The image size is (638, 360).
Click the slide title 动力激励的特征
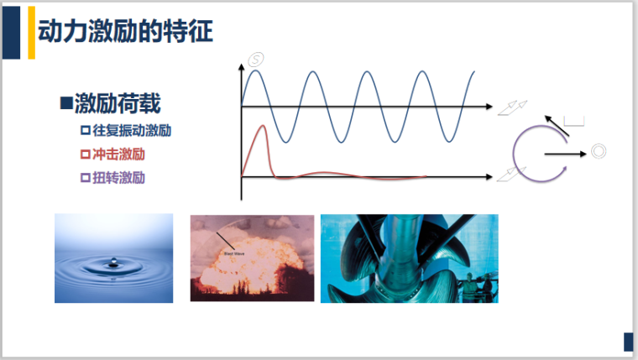tap(125, 33)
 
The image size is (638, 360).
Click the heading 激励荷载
tap(117, 104)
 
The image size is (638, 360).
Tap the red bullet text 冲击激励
tap(119, 154)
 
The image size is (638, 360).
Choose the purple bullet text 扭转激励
tap(119, 178)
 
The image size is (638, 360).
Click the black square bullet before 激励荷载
tap(65, 104)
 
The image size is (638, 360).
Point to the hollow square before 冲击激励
tap(84, 154)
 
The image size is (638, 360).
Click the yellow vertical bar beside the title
tap(32, 33)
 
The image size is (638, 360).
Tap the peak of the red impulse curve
tap(264, 128)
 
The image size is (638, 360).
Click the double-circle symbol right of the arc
tap(599, 152)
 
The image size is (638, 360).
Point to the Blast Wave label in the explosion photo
tap(233, 250)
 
